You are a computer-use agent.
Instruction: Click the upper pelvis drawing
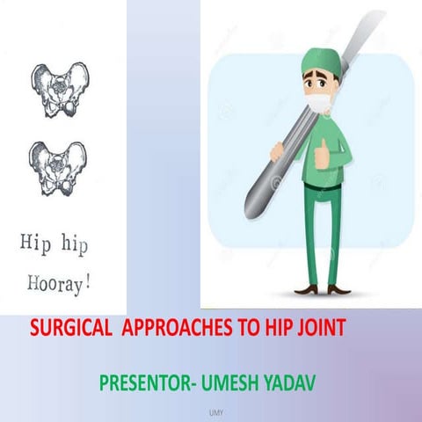point(60,89)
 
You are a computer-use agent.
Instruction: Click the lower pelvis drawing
point(60,167)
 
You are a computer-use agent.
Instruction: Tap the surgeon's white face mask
point(319,103)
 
